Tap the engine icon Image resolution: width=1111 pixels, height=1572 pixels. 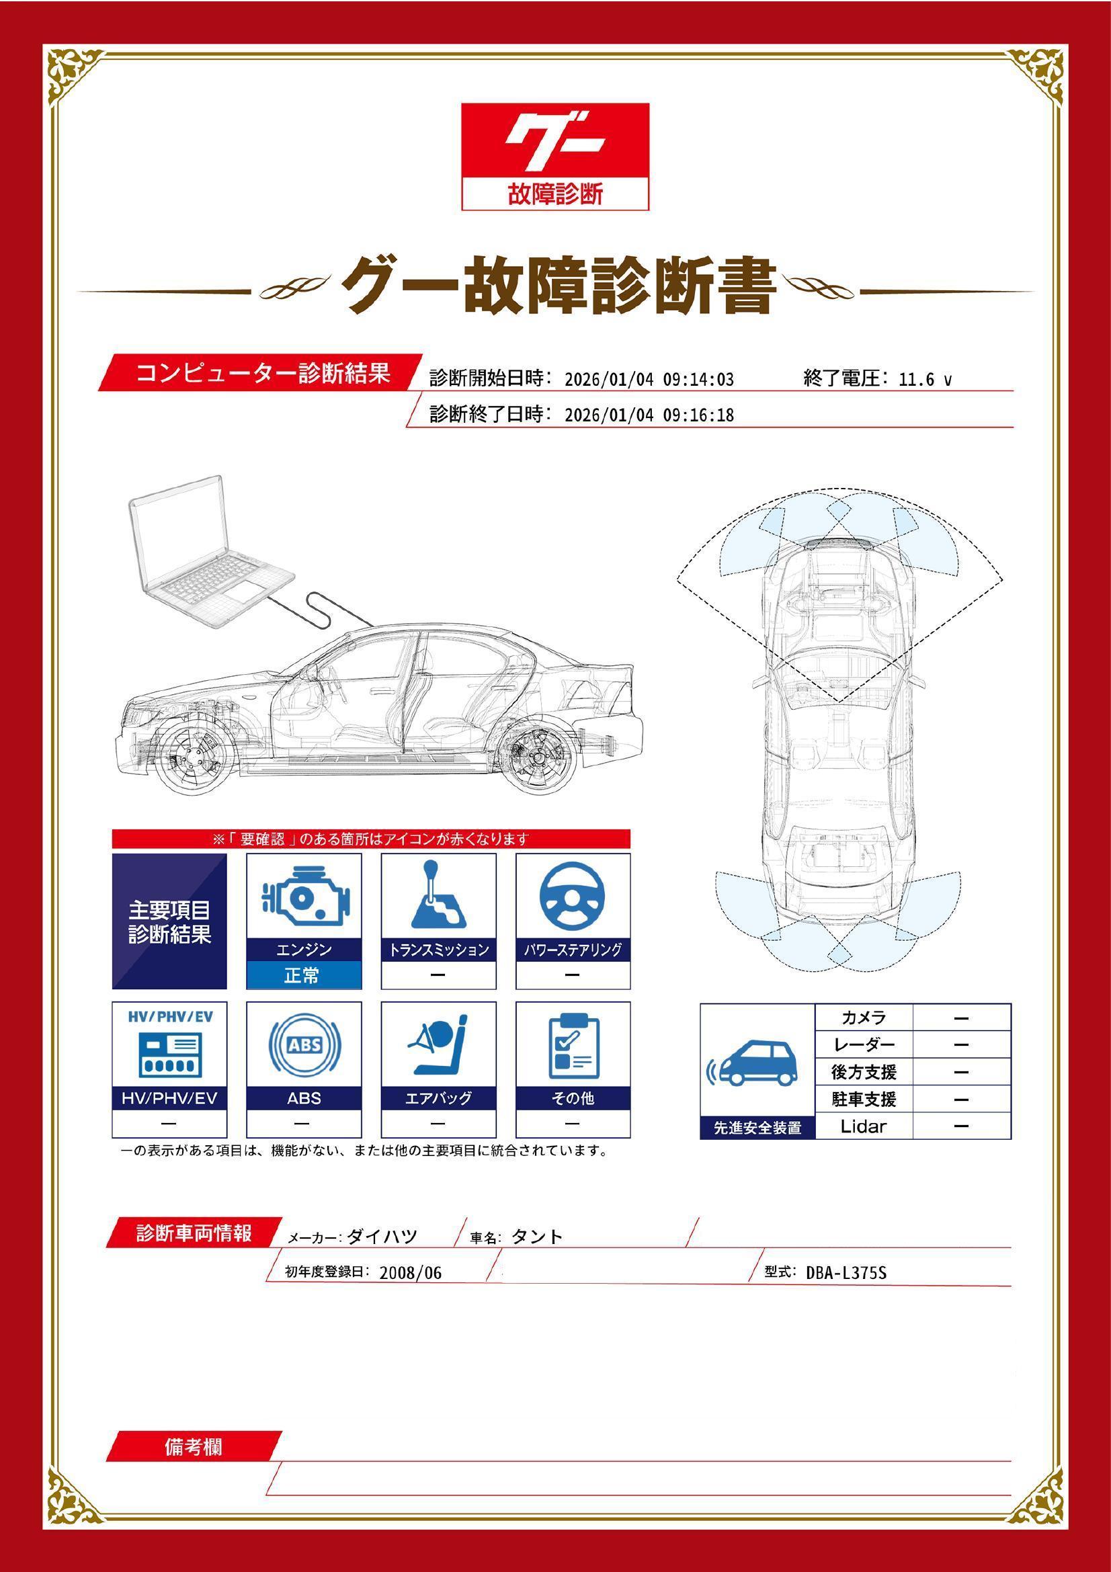click(x=304, y=897)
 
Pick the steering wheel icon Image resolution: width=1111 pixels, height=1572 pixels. click(x=572, y=897)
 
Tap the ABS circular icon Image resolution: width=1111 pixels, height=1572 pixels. click(x=304, y=1045)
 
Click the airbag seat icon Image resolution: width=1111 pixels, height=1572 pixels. click(x=438, y=1045)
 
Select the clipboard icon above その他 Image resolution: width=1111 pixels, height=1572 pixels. click(x=573, y=1045)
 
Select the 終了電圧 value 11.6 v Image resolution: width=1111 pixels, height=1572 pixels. click(x=924, y=380)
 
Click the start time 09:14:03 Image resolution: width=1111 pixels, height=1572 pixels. click(x=698, y=380)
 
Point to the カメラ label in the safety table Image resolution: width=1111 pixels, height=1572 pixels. click(x=863, y=1018)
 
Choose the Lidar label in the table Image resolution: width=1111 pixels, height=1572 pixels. click(x=863, y=1126)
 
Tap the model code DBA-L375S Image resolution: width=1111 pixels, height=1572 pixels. click(x=846, y=1273)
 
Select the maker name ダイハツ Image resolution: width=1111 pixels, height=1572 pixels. click(x=382, y=1237)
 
